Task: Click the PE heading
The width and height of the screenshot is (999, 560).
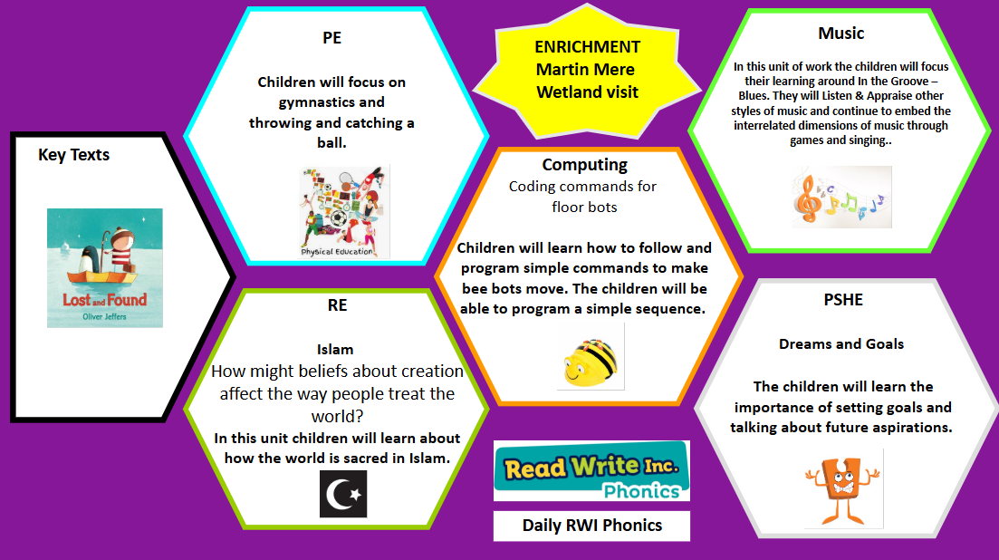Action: (x=331, y=37)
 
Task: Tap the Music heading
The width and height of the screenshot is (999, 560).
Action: (x=841, y=34)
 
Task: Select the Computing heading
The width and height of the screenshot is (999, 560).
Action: (x=585, y=164)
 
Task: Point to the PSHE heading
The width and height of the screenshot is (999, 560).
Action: (x=843, y=299)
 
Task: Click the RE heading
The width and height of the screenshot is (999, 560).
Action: (x=337, y=305)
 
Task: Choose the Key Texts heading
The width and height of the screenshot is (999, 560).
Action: (x=74, y=155)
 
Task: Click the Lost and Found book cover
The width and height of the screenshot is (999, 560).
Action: (x=105, y=268)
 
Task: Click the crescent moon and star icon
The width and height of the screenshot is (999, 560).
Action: (x=343, y=494)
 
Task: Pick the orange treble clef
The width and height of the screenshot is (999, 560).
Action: (x=807, y=198)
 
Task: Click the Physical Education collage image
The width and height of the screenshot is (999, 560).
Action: (x=345, y=211)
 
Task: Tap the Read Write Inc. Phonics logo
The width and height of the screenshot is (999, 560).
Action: (x=591, y=471)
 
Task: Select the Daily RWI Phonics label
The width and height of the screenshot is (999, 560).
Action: (x=591, y=526)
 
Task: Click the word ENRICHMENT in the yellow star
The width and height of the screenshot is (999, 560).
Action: (x=588, y=47)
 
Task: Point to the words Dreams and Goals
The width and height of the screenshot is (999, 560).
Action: (x=841, y=344)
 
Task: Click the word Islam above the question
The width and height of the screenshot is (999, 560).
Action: (x=335, y=350)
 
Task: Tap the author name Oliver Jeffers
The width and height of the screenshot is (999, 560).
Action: (x=104, y=316)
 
